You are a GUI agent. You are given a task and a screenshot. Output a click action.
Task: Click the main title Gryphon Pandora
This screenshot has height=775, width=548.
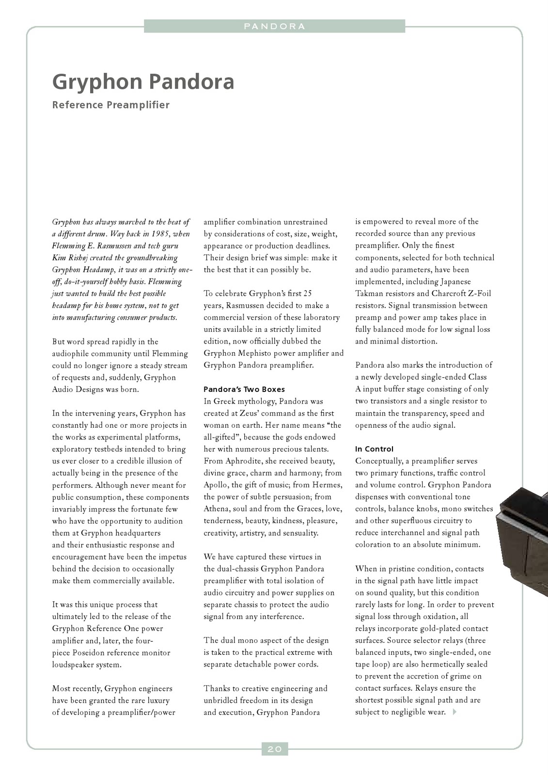coord(143,82)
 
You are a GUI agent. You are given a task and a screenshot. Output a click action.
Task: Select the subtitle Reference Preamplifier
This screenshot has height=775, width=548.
coord(111,105)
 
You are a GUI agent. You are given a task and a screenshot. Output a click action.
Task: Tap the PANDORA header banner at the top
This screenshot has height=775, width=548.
coord(274,26)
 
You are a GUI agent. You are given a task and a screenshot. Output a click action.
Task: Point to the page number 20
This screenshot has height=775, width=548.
coord(275,749)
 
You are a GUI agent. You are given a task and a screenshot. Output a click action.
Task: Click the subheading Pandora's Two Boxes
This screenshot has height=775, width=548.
coord(244,389)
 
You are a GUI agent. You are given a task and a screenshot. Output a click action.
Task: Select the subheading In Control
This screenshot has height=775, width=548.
coord(374,449)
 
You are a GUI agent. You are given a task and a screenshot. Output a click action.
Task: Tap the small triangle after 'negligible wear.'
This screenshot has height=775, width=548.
coord(454,712)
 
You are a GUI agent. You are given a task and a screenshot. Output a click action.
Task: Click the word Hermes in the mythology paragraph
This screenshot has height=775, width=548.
coord(328,485)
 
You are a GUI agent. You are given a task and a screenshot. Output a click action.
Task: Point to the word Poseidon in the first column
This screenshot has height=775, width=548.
coord(89,652)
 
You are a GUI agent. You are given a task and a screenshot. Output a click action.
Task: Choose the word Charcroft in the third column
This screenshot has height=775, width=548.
coord(449,294)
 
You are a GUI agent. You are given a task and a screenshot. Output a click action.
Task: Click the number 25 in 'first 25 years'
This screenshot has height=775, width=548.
coord(307,294)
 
